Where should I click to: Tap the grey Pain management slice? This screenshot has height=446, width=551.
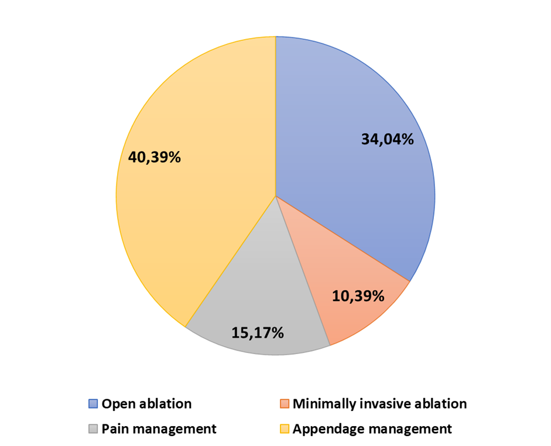[258, 293]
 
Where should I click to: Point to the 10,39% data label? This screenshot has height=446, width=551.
[358, 296]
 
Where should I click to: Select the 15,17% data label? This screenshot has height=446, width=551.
[258, 333]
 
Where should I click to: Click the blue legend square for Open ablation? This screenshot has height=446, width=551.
[93, 404]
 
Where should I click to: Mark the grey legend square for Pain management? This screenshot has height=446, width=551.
[93, 429]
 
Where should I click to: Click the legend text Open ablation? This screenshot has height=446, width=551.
[146, 404]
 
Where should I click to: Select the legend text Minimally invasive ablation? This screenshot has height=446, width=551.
[379, 404]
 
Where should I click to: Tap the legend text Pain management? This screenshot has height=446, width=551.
[159, 429]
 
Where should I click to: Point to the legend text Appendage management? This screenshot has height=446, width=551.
[372, 429]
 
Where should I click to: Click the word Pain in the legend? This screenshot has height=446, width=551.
[114, 429]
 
